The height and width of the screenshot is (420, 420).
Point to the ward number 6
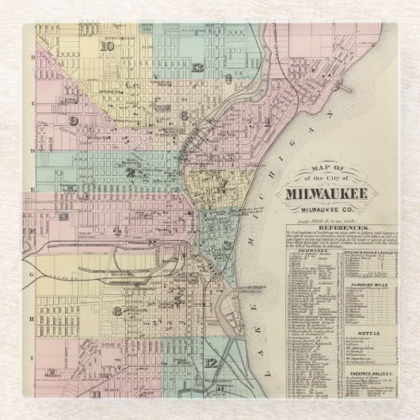click(184, 115)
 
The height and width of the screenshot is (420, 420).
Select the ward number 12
click(209, 362)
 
